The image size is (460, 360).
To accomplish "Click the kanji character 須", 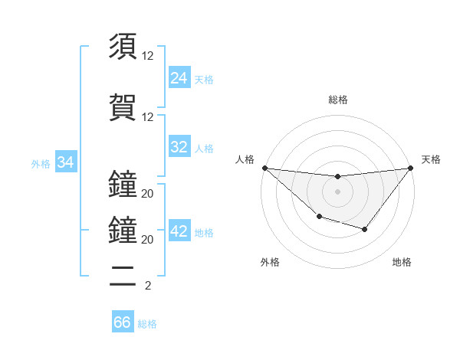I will tap(123, 47).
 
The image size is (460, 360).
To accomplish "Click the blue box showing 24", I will tap(179, 78).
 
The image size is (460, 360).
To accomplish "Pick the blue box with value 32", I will tap(179, 147).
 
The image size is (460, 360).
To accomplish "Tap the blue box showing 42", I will tap(179, 231).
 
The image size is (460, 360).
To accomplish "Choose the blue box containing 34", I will tap(66, 162).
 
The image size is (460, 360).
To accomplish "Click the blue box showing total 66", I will tap(123, 322).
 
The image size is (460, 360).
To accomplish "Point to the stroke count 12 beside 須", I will tap(148, 56).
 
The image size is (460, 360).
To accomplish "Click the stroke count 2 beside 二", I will tap(147, 286).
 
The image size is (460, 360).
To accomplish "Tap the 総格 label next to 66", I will tap(147, 324).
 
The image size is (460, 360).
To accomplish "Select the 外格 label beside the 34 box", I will tap(41, 163).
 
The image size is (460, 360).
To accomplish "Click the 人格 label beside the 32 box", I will tap(204, 148).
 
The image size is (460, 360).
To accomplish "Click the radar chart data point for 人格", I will tap(264, 168).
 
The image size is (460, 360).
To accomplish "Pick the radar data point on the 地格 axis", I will tap(365, 229).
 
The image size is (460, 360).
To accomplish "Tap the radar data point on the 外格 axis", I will tap(319, 218).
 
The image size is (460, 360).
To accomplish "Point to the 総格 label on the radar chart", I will tap(338, 100).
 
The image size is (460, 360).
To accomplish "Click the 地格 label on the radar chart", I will tap(402, 262).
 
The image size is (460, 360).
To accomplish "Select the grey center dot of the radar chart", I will tap(338, 191).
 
